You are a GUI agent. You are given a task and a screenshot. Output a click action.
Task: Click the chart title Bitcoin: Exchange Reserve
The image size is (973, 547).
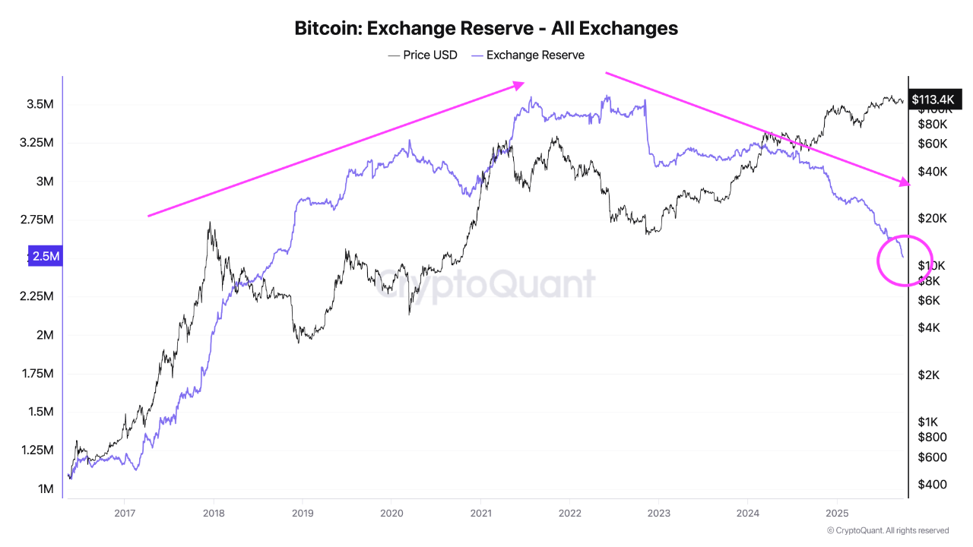tap(486, 29)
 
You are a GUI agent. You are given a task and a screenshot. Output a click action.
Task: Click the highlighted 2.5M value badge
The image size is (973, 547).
tap(44, 257)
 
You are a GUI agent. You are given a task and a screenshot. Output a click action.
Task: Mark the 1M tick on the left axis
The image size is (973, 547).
tap(46, 489)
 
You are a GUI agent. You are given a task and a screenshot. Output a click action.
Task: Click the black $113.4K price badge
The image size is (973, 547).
tap(932, 99)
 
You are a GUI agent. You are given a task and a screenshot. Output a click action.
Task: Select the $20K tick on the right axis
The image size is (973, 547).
tap(932, 218)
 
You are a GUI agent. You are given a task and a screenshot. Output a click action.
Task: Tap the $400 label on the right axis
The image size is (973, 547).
tap(931, 484)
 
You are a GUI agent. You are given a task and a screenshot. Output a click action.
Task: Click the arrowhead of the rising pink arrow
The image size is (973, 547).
tap(520, 84)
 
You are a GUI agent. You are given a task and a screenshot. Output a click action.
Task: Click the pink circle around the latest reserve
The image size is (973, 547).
tap(905, 261)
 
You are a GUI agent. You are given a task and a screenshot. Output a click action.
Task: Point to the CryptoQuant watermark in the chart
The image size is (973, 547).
tap(486, 283)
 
